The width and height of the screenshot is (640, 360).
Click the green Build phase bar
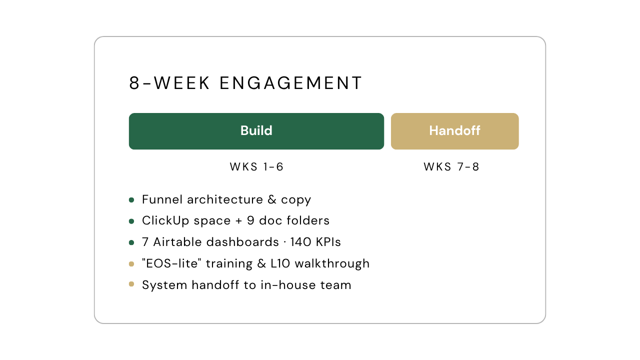tap(256, 131)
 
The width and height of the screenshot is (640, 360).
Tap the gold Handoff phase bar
tap(455, 131)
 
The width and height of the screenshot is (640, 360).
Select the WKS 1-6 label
tap(256, 167)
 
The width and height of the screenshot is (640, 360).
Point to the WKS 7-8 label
tap(451, 167)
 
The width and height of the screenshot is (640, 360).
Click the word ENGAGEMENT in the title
tap(291, 83)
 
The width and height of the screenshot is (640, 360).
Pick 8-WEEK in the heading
tap(169, 83)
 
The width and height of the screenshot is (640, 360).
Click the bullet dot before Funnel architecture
tap(131, 200)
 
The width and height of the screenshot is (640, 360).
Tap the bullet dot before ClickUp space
tap(131, 221)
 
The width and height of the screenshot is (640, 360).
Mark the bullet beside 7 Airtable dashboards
tap(131, 242)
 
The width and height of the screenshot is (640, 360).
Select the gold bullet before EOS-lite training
tap(131, 264)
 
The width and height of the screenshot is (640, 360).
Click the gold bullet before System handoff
tap(131, 284)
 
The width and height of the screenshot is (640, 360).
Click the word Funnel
tap(162, 199)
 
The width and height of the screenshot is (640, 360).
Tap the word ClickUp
tap(165, 220)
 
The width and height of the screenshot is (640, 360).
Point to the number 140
tap(301, 242)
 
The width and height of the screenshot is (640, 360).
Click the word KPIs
tap(328, 242)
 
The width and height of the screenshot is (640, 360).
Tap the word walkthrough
tap(332, 263)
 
